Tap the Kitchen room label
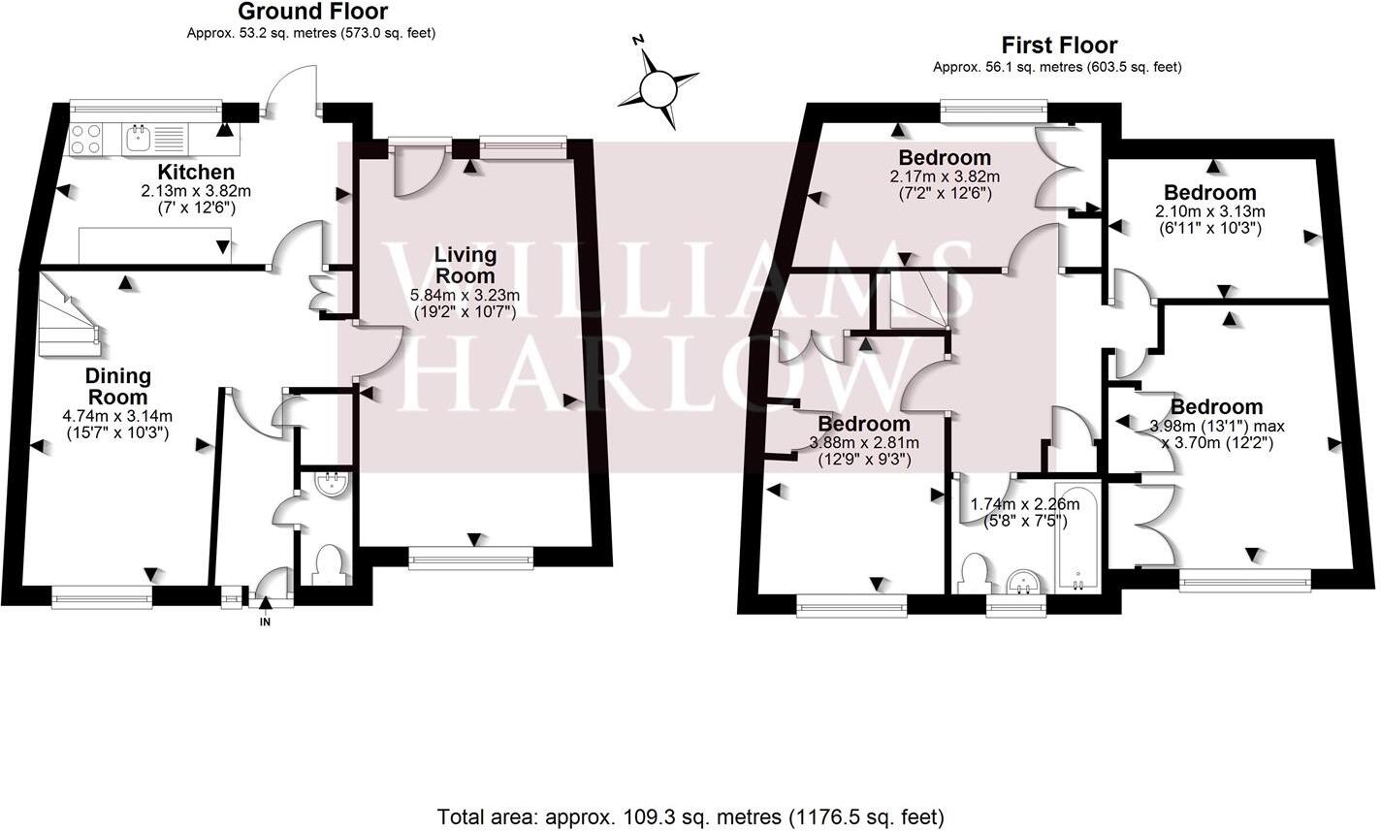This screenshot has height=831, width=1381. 198,173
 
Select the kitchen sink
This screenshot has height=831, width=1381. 141,139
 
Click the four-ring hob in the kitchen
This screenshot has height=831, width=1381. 86,140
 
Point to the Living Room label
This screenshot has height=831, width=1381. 465,264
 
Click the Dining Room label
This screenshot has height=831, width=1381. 117,386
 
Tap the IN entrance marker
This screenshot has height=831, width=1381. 265,622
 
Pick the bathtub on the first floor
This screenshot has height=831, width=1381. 1076,536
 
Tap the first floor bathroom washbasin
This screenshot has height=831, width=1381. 1024,581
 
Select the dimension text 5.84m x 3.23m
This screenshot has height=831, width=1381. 466,295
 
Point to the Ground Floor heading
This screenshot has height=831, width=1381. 311,13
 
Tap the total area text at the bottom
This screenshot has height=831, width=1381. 690,815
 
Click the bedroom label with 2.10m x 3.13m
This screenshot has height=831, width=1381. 1209,192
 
